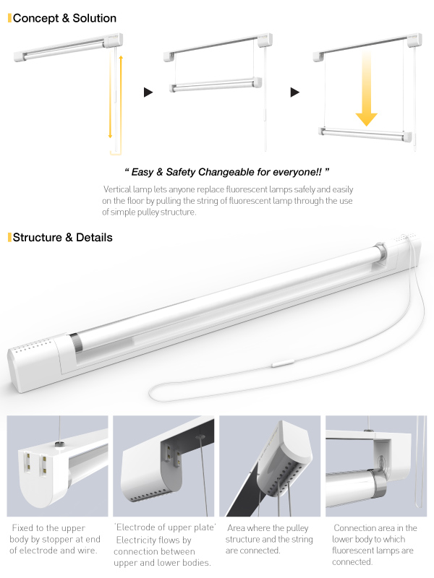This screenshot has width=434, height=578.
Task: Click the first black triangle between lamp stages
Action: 148,92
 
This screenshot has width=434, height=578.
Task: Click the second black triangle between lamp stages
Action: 294,92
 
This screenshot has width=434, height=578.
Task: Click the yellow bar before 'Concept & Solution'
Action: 9,18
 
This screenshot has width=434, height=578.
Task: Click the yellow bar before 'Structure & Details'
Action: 9,237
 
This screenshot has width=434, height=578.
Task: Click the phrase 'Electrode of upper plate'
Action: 166,528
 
